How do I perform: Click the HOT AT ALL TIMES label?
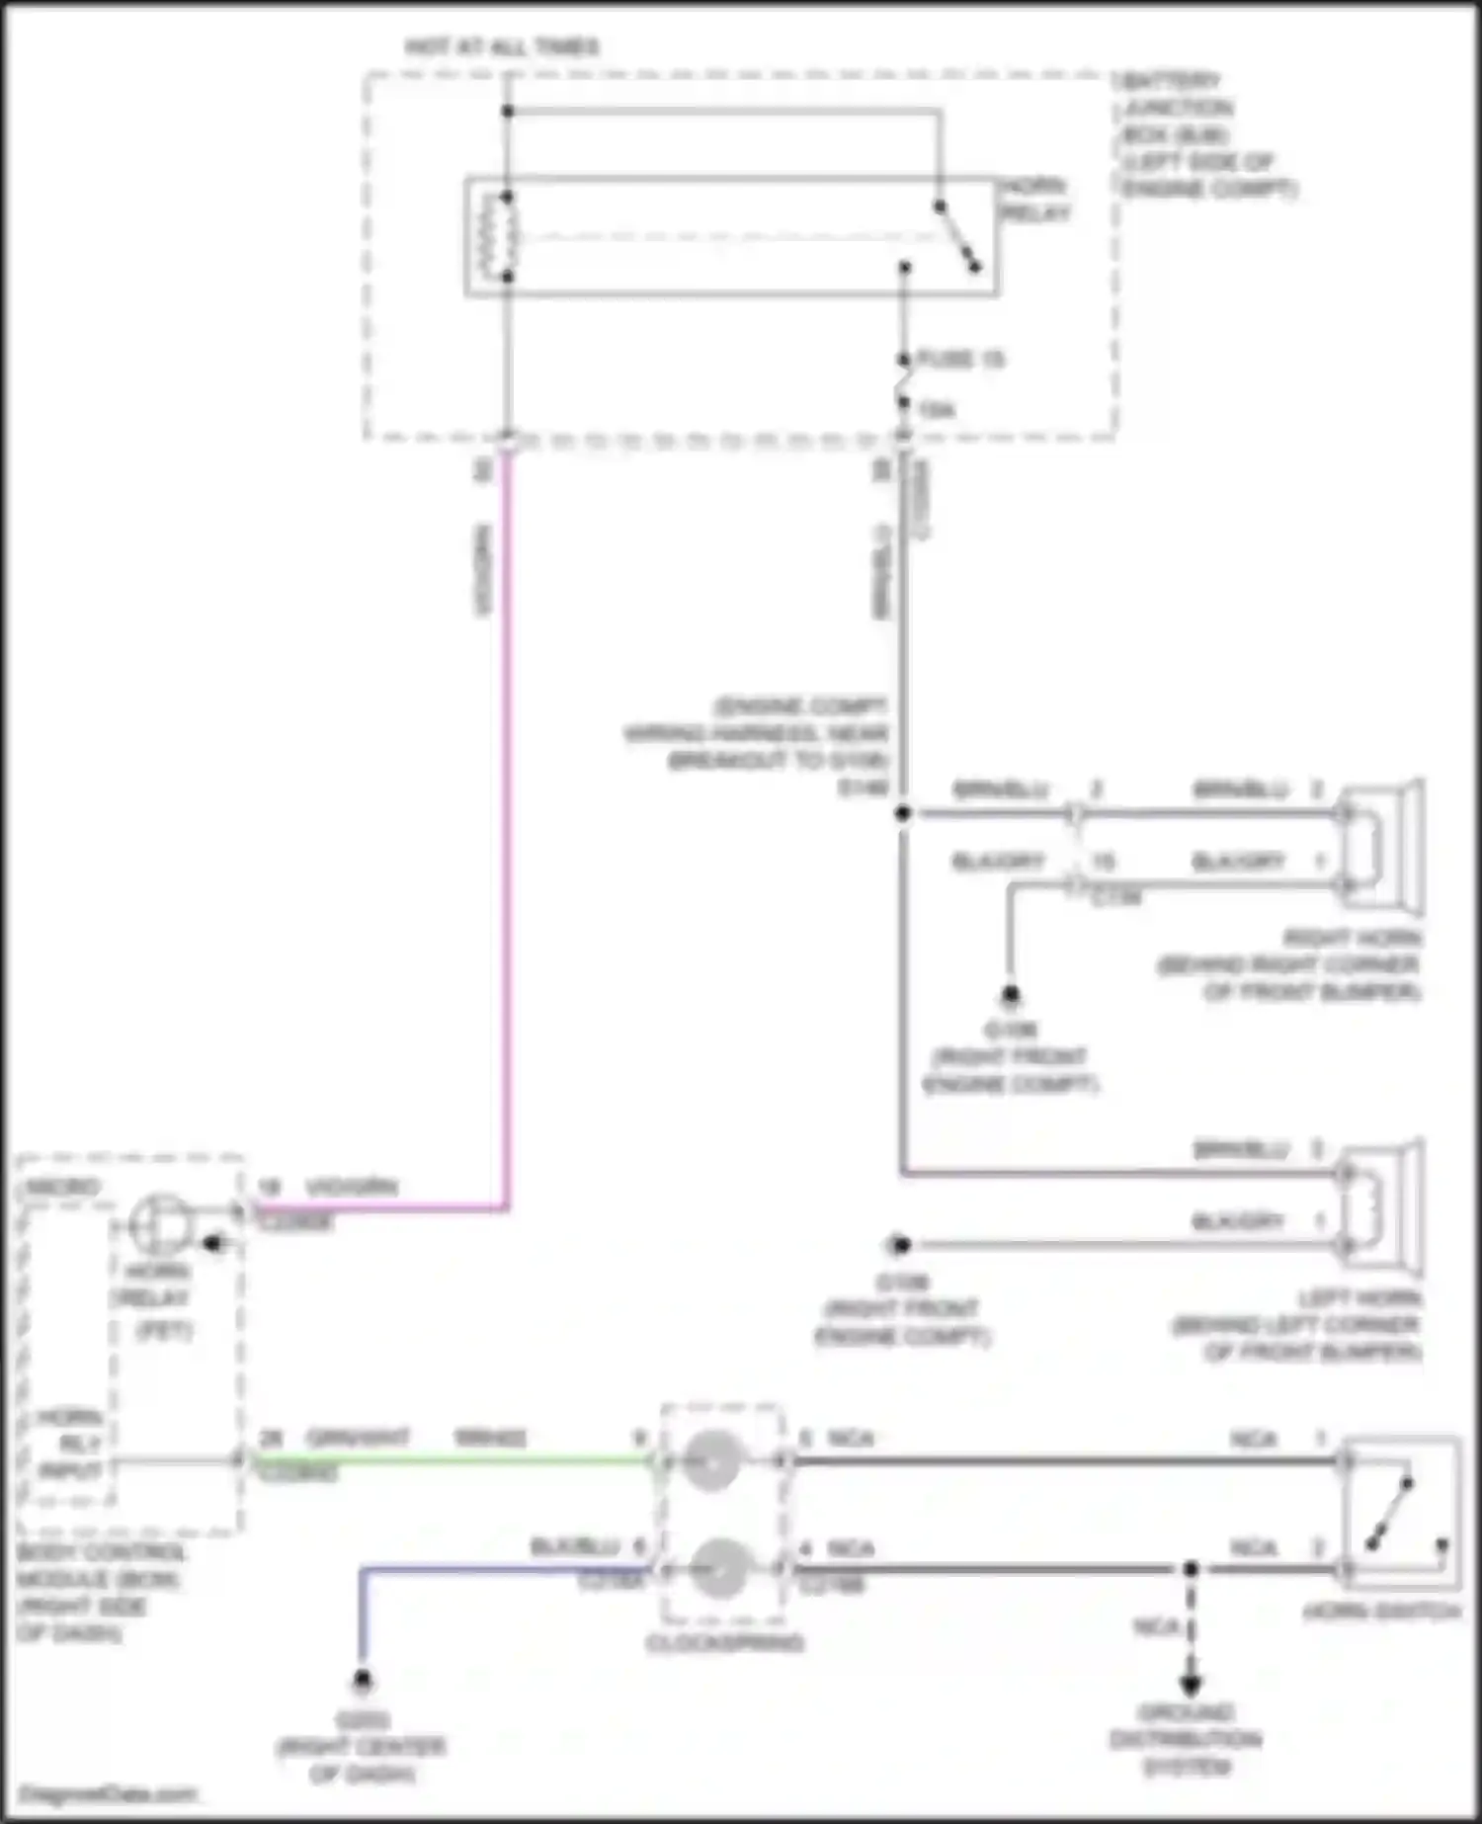(502, 46)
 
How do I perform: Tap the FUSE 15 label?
(959, 359)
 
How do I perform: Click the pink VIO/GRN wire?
(507, 840)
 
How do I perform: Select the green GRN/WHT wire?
(445, 1459)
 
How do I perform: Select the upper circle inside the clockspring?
(712, 1460)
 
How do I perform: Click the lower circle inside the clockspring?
(718, 1569)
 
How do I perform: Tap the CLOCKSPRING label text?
(724, 1643)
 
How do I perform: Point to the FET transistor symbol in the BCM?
(161, 1225)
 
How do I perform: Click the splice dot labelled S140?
(902, 813)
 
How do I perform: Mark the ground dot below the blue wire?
(362, 1680)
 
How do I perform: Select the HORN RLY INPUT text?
(69, 1444)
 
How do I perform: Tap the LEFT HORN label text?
(1359, 1297)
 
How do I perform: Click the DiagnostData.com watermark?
(107, 1793)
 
